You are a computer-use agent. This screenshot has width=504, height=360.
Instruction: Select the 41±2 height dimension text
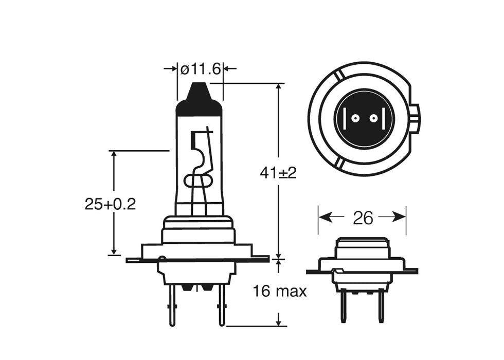(x=278, y=173)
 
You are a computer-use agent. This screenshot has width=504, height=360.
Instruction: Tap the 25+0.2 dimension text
(x=110, y=204)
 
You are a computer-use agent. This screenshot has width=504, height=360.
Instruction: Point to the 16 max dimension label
(x=279, y=292)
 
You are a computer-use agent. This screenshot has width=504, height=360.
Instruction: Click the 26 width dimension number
(x=363, y=218)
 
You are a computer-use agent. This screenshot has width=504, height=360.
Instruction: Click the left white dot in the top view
(x=354, y=119)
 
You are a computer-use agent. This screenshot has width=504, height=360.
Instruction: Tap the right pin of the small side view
(x=381, y=305)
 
